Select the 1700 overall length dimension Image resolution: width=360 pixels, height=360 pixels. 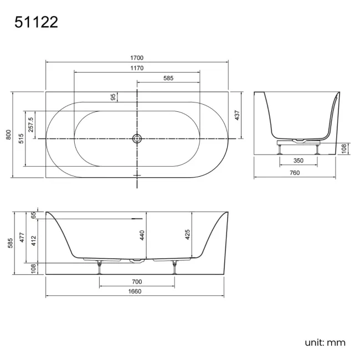point(136,58)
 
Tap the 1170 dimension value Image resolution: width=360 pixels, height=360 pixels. point(136,68)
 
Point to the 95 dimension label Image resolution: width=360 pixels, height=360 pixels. point(114,97)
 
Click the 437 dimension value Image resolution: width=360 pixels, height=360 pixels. point(237,115)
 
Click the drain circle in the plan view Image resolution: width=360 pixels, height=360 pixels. point(137,138)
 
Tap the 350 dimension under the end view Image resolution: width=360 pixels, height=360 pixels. point(298,161)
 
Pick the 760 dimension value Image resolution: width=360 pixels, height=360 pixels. point(295,173)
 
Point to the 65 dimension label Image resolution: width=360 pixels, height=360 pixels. point(33,215)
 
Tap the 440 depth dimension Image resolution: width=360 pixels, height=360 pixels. point(142,235)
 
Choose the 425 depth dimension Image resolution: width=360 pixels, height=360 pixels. point(188,235)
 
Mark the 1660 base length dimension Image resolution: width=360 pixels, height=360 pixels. point(135,292)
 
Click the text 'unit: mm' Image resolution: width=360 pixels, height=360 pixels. point(325,342)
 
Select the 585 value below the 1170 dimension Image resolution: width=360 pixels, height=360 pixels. point(168,79)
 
